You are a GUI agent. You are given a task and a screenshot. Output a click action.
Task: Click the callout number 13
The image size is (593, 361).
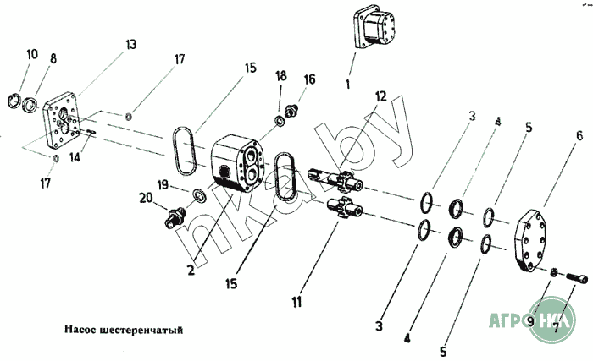[x=130, y=45]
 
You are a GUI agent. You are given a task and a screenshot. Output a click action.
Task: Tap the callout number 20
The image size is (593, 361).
[x=146, y=198]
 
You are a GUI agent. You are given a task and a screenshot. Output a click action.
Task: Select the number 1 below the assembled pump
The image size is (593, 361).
[x=348, y=84]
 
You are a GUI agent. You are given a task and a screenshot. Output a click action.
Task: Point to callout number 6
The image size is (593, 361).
[x=579, y=135]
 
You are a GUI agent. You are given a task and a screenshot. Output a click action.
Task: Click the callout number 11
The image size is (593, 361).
[x=296, y=302]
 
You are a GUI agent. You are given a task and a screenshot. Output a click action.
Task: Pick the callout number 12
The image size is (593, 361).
[x=381, y=96]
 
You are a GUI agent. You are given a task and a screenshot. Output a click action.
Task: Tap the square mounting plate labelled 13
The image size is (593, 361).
[x=63, y=120]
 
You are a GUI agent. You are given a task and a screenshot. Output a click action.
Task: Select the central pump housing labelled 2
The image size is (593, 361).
[x=236, y=163]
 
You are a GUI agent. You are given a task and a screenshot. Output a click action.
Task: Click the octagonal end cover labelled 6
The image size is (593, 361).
[x=530, y=241]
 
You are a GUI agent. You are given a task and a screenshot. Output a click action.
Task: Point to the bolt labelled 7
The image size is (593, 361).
[x=577, y=278]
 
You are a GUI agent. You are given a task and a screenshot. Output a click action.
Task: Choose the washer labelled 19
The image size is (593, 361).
[x=199, y=195]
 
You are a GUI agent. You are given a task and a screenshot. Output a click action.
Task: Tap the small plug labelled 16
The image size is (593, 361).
[x=291, y=111]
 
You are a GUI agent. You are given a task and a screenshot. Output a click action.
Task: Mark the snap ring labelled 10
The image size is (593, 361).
[x=14, y=100]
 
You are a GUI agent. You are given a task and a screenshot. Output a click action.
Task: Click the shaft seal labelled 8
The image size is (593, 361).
[x=30, y=105]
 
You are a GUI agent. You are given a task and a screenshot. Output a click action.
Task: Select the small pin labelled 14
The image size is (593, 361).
[x=91, y=131]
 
